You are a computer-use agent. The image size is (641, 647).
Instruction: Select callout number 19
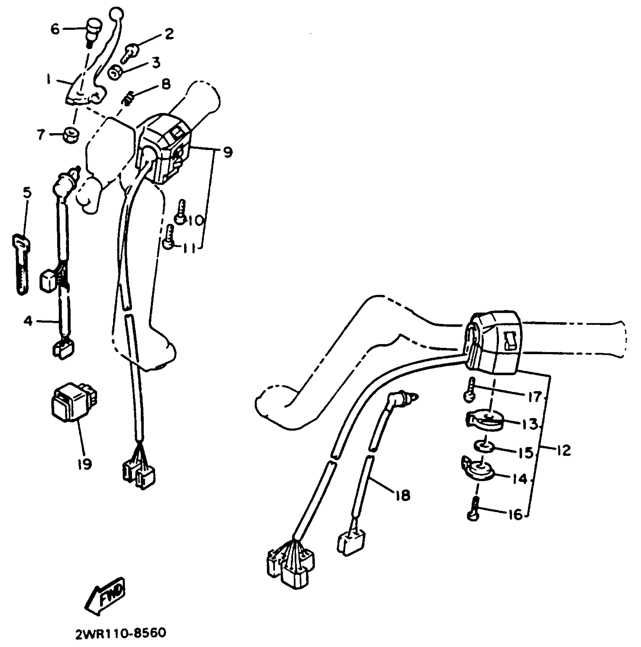coord(84,464)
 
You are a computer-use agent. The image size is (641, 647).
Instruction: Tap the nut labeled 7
coord(70,135)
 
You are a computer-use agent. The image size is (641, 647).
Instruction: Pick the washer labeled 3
coord(114,72)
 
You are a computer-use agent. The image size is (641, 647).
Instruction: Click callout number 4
coord(28,321)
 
